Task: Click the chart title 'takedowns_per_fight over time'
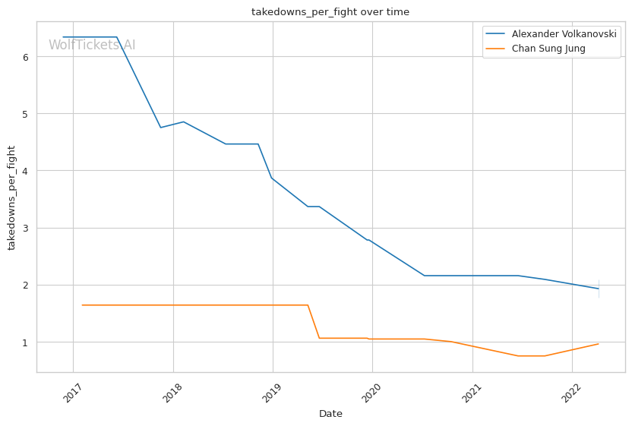coord(330,12)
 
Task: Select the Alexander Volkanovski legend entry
coord(564,34)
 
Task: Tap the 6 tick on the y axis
coord(26,57)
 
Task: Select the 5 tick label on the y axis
coord(26,114)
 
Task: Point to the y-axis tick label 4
coord(26,171)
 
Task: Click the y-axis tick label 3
coord(26,228)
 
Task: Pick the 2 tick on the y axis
coord(26,285)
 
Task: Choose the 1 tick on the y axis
coord(26,342)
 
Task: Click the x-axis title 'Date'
coord(330,414)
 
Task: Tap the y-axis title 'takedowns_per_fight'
coord(12,197)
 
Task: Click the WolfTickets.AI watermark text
coord(92,45)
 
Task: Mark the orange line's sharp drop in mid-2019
coord(314,321)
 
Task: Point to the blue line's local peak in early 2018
coord(183,121)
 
